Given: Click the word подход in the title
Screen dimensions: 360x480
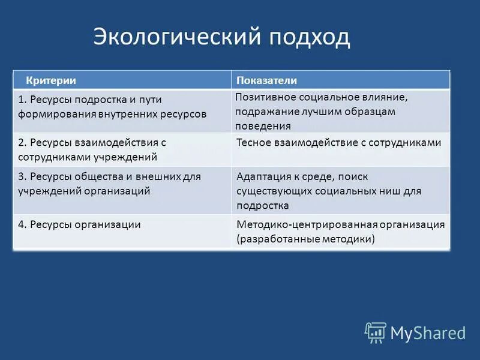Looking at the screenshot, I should (x=309, y=37).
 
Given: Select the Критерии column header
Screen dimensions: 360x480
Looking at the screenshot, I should (x=50, y=80).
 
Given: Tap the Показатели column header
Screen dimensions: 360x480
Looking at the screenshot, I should (x=266, y=80).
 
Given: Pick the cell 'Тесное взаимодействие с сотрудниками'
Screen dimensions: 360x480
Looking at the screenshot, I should (x=339, y=142).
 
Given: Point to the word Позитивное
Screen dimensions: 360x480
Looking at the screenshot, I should (x=263, y=97).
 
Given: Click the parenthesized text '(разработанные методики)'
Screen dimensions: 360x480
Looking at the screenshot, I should (x=305, y=239).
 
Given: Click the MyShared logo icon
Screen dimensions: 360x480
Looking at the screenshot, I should (x=376, y=332).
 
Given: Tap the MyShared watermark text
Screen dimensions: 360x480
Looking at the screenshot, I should (x=428, y=332).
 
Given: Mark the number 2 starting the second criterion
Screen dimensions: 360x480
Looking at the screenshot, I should (x=21, y=142).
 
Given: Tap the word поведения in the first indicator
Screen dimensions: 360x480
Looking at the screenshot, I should (x=263, y=126).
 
